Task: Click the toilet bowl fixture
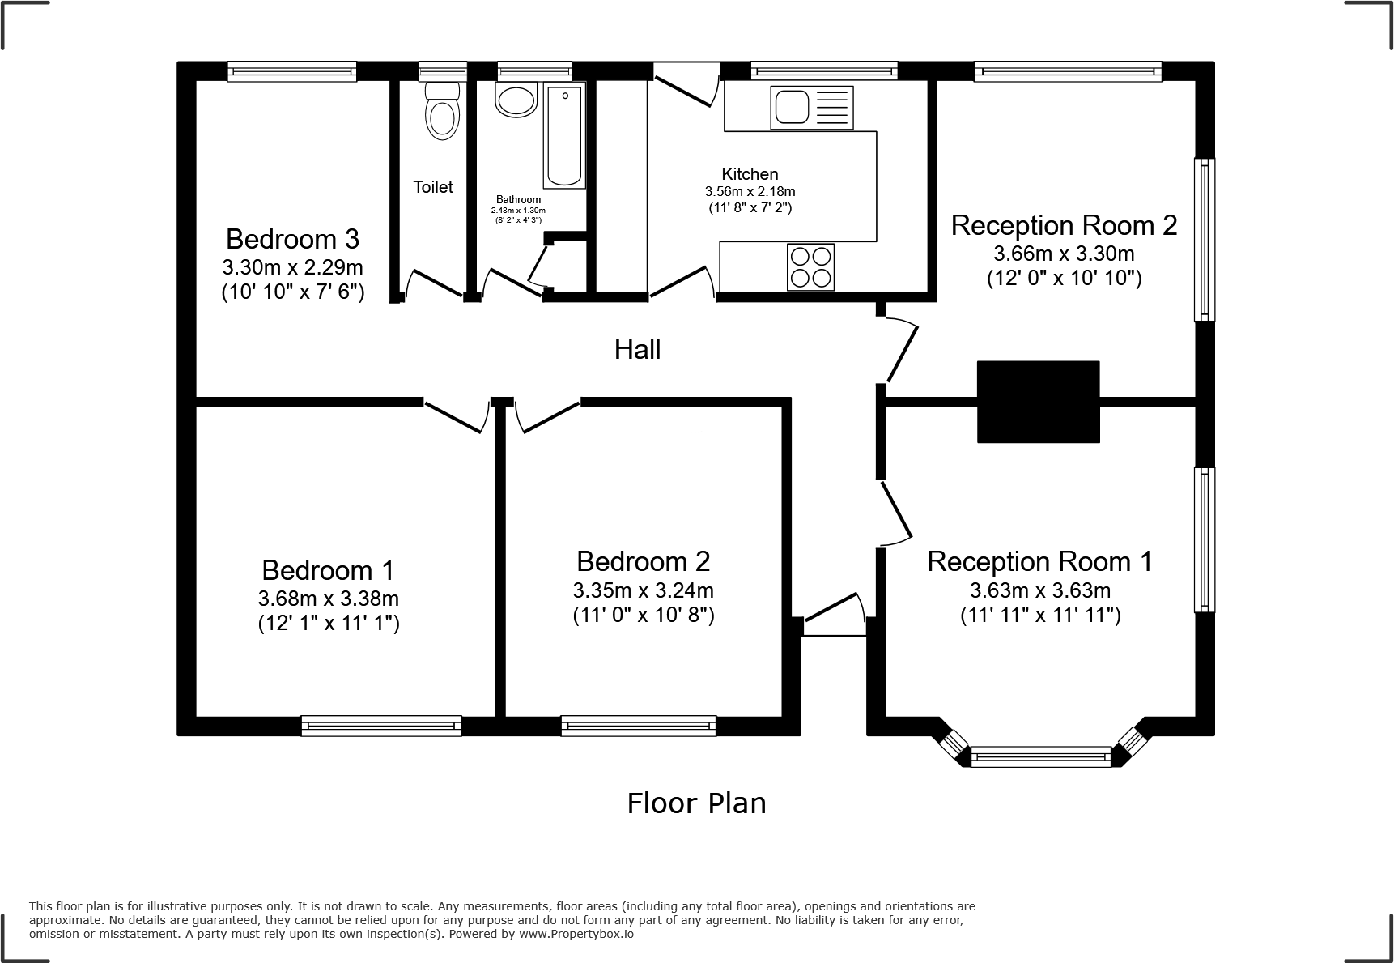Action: pos(442,110)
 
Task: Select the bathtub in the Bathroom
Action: pos(564,137)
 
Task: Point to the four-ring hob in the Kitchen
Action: pos(810,266)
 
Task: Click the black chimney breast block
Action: pos(1038,402)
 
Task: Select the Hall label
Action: pos(638,350)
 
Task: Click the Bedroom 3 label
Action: pos(292,239)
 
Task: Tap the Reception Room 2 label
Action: pos(1064,225)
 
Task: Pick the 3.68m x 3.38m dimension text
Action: pos(329,599)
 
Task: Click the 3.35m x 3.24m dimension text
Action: pos(644,590)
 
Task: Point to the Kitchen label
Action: pos(750,174)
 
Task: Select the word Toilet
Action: pos(433,187)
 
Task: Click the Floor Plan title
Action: pos(696,803)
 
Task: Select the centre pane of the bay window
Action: pos(1040,758)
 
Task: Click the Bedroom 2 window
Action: pos(639,726)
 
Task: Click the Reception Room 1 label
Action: pos(1040,561)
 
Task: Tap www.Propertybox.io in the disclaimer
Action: pos(576,934)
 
